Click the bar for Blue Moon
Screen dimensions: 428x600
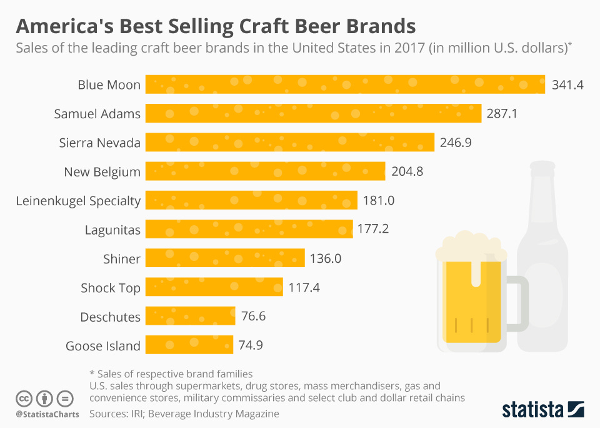click(x=345, y=84)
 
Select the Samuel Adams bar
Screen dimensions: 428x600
click(x=313, y=113)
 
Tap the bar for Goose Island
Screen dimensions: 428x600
click(x=189, y=345)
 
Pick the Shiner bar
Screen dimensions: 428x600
click(x=225, y=258)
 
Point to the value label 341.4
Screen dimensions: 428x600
click(x=567, y=85)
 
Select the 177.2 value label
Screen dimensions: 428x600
click(x=373, y=229)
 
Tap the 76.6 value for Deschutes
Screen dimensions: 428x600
click(x=253, y=316)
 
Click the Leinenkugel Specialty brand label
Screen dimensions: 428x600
click(x=78, y=201)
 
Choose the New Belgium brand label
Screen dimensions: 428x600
click(x=102, y=172)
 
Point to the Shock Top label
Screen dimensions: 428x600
click(x=111, y=288)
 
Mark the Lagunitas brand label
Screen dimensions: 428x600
click(x=112, y=230)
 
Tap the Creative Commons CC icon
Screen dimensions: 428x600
click(x=24, y=399)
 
